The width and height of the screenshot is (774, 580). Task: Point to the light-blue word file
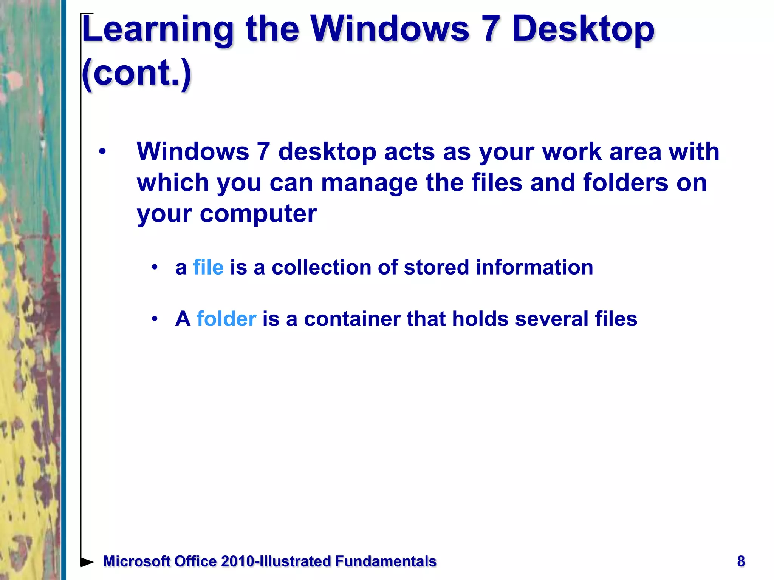[x=208, y=267]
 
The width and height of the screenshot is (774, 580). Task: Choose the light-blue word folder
[x=226, y=319]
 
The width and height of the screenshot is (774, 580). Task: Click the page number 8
[x=741, y=561]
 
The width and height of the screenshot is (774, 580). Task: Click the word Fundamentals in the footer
[x=385, y=561]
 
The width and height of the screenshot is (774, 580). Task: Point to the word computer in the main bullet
[x=258, y=214]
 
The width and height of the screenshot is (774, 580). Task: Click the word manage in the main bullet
[x=369, y=183]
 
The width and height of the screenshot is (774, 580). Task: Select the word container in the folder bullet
[x=352, y=319]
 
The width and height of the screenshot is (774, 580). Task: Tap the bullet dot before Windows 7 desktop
[x=102, y=152]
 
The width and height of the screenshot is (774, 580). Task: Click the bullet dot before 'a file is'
[x=154, y=267]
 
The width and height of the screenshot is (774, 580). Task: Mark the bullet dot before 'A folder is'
[x=154, y=319]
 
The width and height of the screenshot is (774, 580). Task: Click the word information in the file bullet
[x=534, y=267]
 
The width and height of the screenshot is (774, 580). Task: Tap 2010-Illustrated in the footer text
[x=276, y=561]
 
